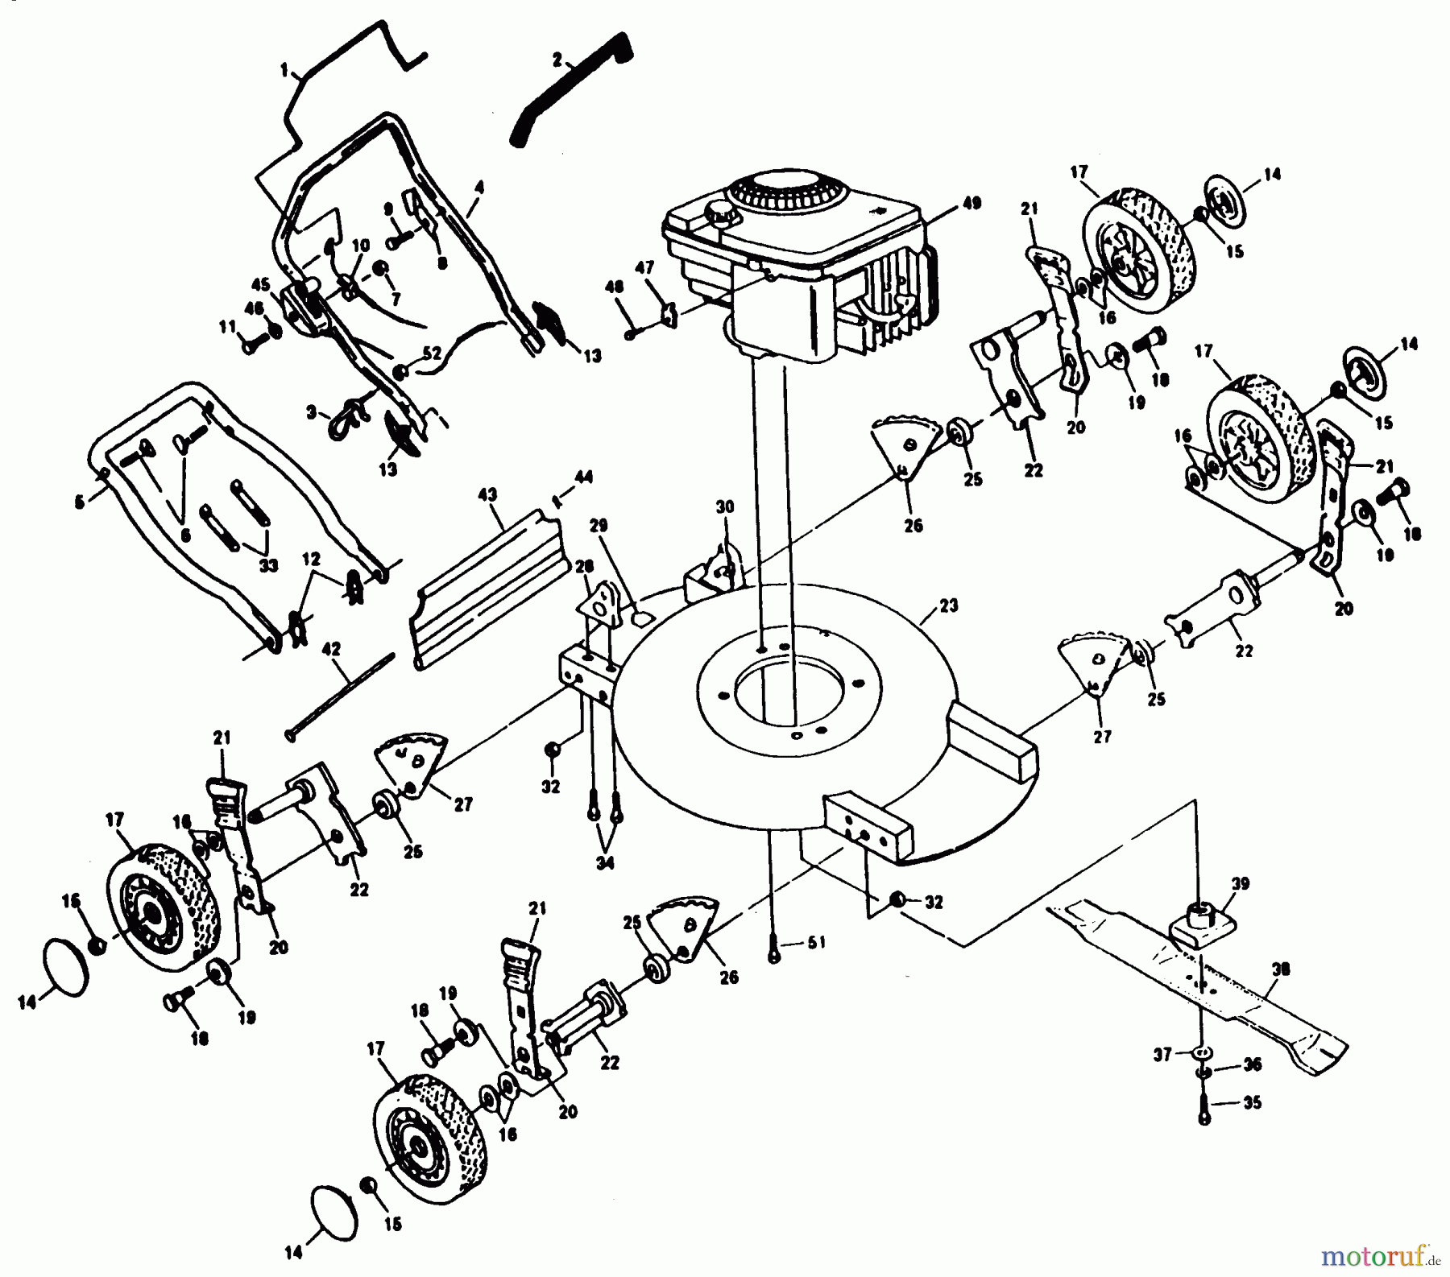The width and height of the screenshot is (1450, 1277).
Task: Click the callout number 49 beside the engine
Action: click(x=972, y=203)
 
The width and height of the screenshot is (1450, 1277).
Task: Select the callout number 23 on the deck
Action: click(x=949, y=605)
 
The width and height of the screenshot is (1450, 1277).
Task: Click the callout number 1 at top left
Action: click(x=284, y=71)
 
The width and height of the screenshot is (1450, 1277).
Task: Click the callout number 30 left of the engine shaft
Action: click(x=725, y=506)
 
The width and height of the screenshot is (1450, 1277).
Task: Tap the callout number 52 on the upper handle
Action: click(x=433, y=352)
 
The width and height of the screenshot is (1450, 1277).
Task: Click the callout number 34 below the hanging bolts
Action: click(x=605, y=862)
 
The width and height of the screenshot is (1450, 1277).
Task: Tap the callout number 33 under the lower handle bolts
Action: click(x=268, y=565)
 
